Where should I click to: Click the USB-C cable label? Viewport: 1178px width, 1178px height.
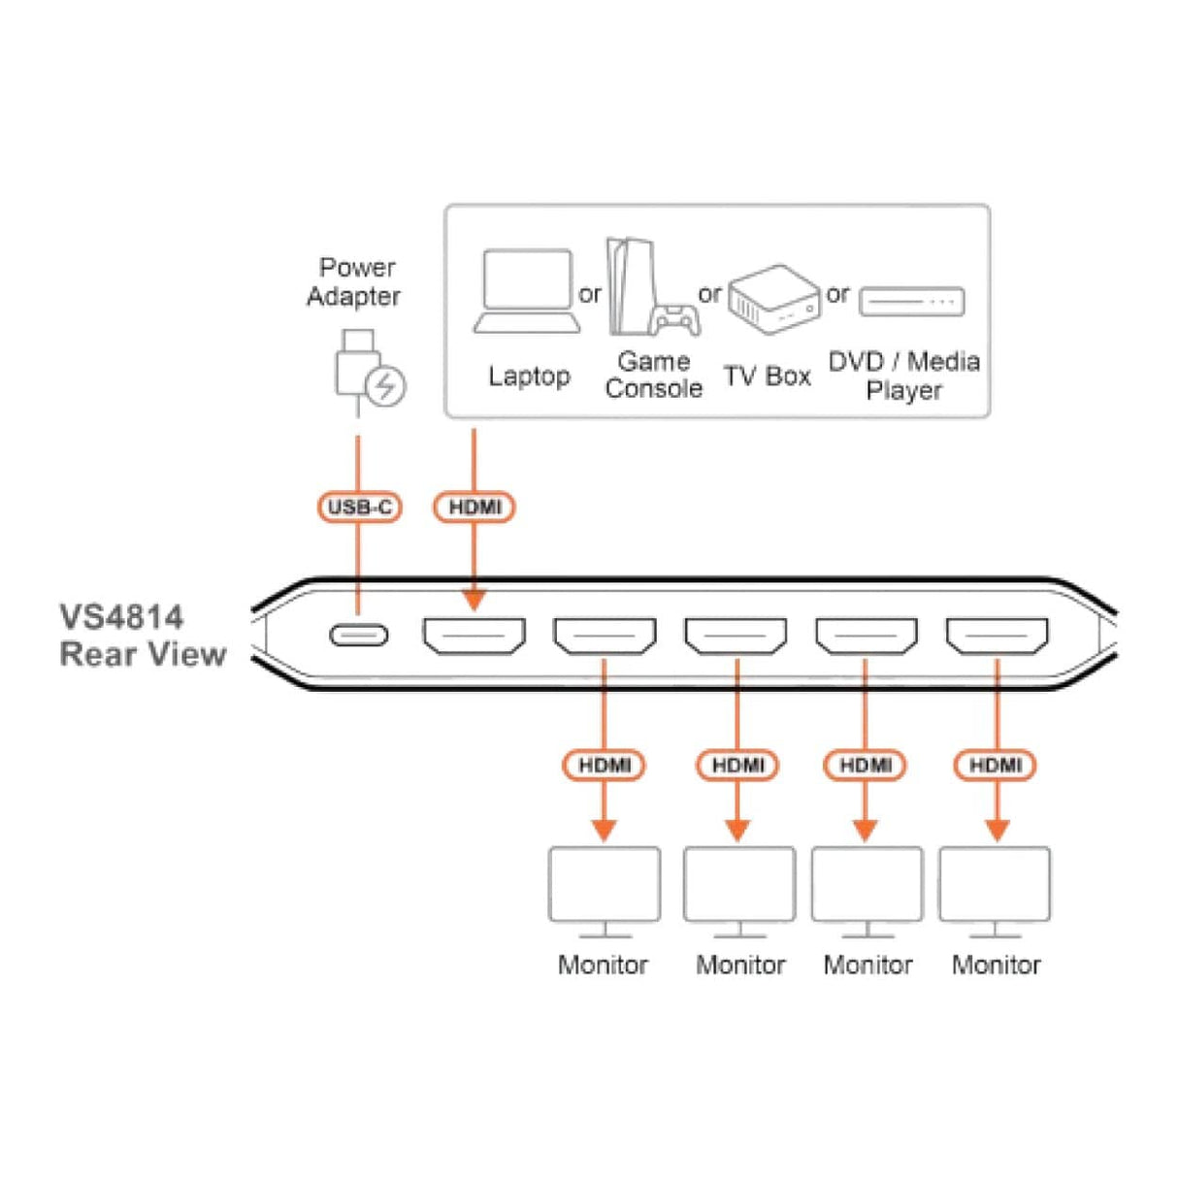point(359,507)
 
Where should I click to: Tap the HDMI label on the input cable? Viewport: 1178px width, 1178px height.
point(474,507)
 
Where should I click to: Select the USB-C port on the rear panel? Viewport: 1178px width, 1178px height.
point(359,636)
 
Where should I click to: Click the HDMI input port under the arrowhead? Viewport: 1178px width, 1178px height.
point(474,636)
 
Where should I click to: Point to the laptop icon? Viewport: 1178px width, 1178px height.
point(527,291)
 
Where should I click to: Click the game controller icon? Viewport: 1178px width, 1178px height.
point(675,320)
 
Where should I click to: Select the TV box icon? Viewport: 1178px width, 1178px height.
point(774,300)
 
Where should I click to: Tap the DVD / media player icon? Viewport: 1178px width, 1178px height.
point(911,302)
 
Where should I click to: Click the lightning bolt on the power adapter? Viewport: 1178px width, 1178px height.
point(385,386)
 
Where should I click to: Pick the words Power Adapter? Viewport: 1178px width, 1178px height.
point(354,281)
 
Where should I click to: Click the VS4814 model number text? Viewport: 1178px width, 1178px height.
point(121,617)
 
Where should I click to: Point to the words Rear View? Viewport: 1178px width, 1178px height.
point(143,655)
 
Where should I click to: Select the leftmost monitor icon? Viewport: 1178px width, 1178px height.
point(605,893)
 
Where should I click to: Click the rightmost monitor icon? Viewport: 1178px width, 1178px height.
point(996,893)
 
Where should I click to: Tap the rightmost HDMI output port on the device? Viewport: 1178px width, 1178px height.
point(998,636)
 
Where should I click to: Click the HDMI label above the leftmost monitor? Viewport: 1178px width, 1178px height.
point(604,766)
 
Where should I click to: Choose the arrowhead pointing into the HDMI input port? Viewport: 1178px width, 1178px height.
point(474,600)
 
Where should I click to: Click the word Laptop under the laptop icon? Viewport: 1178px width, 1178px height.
point(530,376)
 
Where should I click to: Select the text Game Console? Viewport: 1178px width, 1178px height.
point(654,376)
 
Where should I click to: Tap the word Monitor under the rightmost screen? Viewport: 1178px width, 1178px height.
point(997,965)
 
